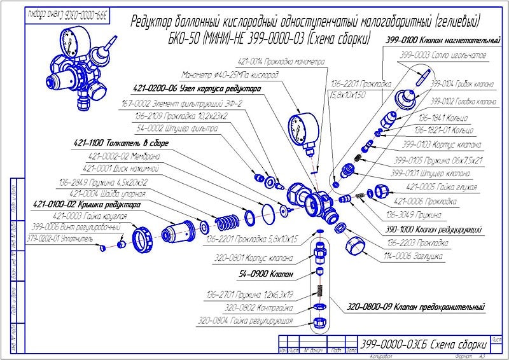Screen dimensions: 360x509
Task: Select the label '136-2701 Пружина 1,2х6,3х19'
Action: click(248, 295)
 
